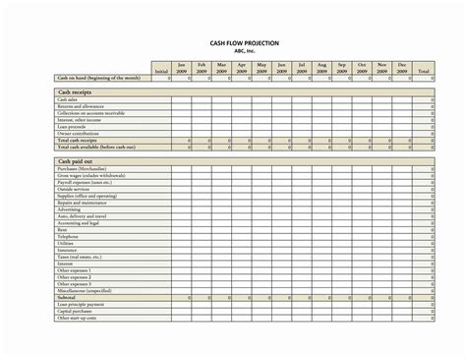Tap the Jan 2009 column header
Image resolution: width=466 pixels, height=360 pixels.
[x=181, y=68]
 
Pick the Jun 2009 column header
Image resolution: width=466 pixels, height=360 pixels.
[x=281, y=68]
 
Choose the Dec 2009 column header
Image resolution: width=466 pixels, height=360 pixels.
[x=401, y=68]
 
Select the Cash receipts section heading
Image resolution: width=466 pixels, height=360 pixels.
[x=74, y=90]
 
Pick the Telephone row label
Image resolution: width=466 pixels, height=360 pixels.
[x=68, y=237]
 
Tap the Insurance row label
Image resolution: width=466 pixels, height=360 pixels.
[x=67, y=251]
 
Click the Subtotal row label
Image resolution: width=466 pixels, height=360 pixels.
[x=67, y=298]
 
